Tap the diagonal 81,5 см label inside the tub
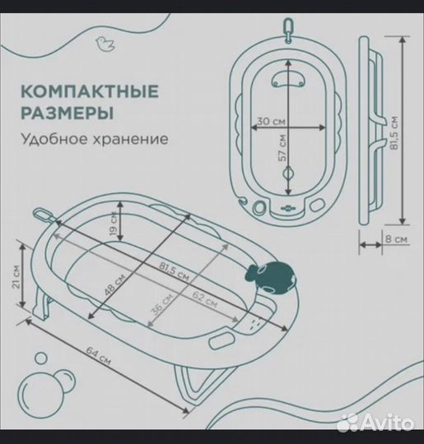[168, 268]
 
